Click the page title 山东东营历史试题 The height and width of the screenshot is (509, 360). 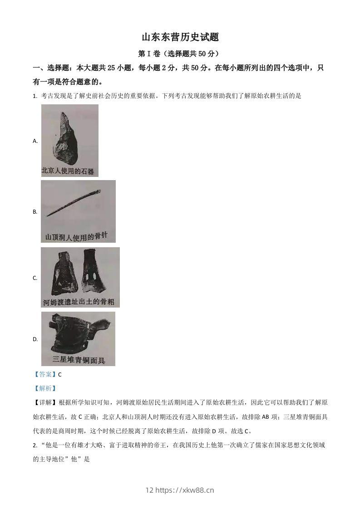[x=180, y=37]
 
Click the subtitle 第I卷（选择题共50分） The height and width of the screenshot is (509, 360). [x=180, y=54]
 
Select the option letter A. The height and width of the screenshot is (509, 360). [x=35, y=141]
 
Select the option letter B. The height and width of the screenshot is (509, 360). [x=35, y=212]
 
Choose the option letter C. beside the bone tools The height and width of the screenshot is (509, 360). [x=35, y=278]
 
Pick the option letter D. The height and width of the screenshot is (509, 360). [x=35, y=339]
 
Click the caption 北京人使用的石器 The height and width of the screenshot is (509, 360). [x=68, y=171]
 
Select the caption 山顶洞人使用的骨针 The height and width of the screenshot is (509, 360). [x=77, y=236]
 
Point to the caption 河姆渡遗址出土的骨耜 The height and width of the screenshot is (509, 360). [x=79, y=301]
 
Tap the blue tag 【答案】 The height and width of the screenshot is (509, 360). [x=45, y=374]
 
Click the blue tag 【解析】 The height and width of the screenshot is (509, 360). [x=45, y=388]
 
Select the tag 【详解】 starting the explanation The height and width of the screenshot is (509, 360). [x=45, y=402]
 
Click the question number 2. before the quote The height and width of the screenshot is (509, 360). [x=35, y=445]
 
